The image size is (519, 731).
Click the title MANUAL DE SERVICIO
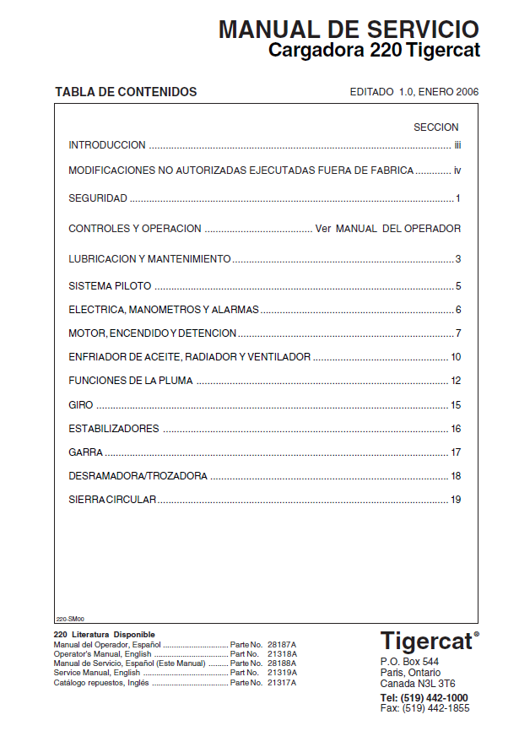[x=349, y=30]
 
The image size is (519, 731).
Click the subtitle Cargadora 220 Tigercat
[x=374, y=51]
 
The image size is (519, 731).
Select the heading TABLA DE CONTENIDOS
[x=126, y=92]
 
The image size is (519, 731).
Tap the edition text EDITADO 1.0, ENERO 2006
[x=414, y=92]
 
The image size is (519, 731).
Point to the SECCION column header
[x=435, y=127]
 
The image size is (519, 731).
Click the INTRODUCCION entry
[x=107, y=145]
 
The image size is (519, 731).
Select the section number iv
[x=457, y=171]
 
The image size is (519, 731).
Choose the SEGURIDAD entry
[x=98, y=198]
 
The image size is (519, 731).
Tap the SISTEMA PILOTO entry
[x=110, y=286]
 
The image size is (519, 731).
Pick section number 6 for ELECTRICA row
[x=458, y=310]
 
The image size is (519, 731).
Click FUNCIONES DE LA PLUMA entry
[x=131, y=381]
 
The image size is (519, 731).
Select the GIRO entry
[x=81, y=405]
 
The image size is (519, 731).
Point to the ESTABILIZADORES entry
[x=113, y=429]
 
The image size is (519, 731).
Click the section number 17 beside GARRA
[x=456, y=452]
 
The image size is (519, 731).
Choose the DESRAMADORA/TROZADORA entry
[x=138, y=476]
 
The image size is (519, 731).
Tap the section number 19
[x=456, y=500]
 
